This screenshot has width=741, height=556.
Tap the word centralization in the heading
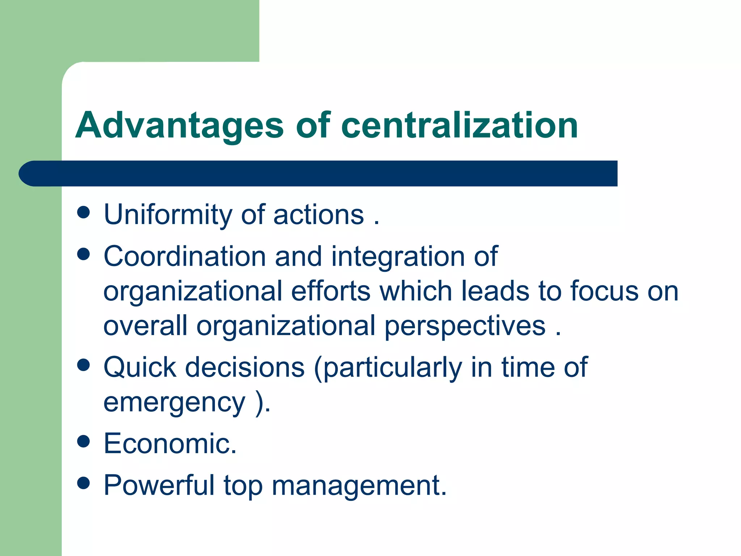pyautogui.click(x=460, y=126)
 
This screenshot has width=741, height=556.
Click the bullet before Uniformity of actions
pyautogui.click(x=84, y=212)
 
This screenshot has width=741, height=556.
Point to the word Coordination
pyautogui.click(x=185, y=256)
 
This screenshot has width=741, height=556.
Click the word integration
pyautogui.click(x=398, y=256)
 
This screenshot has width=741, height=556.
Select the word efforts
pyautogui.click(x=331, y=291)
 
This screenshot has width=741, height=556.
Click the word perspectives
pyautogui.click(x=465, y=326)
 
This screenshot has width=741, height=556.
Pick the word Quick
pyautogui.click(x=140, y=367)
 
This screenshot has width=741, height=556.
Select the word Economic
pyautogui.click(x=169, y=443)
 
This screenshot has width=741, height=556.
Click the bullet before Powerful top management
pyautogui.click(x=84, y=483)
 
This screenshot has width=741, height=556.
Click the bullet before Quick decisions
pyautogui.click(x=84, y=365)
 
